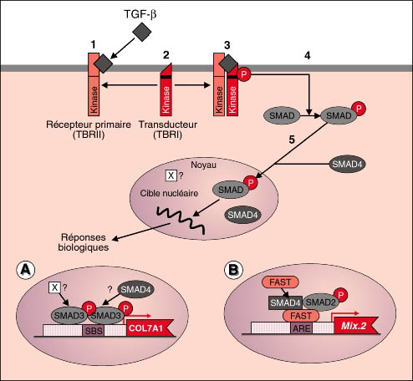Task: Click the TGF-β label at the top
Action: tap(140, 14)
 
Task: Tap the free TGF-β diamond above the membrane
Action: tap(141, 32)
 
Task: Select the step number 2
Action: tap(166, 55)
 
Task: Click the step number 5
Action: tap(292, 140)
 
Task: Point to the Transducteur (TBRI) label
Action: tap(168, 130)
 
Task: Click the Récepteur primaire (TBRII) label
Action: tap(89, 130)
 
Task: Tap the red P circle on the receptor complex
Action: tap(244, 74)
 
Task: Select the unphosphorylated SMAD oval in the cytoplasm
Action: tap(282, 115)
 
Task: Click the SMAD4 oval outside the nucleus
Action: tap(347, 164)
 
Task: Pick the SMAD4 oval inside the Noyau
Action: tap(242, 215)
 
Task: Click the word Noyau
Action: tap(203, 165)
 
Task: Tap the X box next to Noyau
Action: tap(171, 175)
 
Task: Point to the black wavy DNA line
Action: tap(181, 219)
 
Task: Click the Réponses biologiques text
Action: tap(84, 242)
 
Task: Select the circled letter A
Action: tap(26, 271)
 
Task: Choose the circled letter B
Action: tap(233, 270)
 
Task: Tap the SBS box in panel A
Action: tap(94, 331)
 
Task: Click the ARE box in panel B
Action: tap(302, 328)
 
